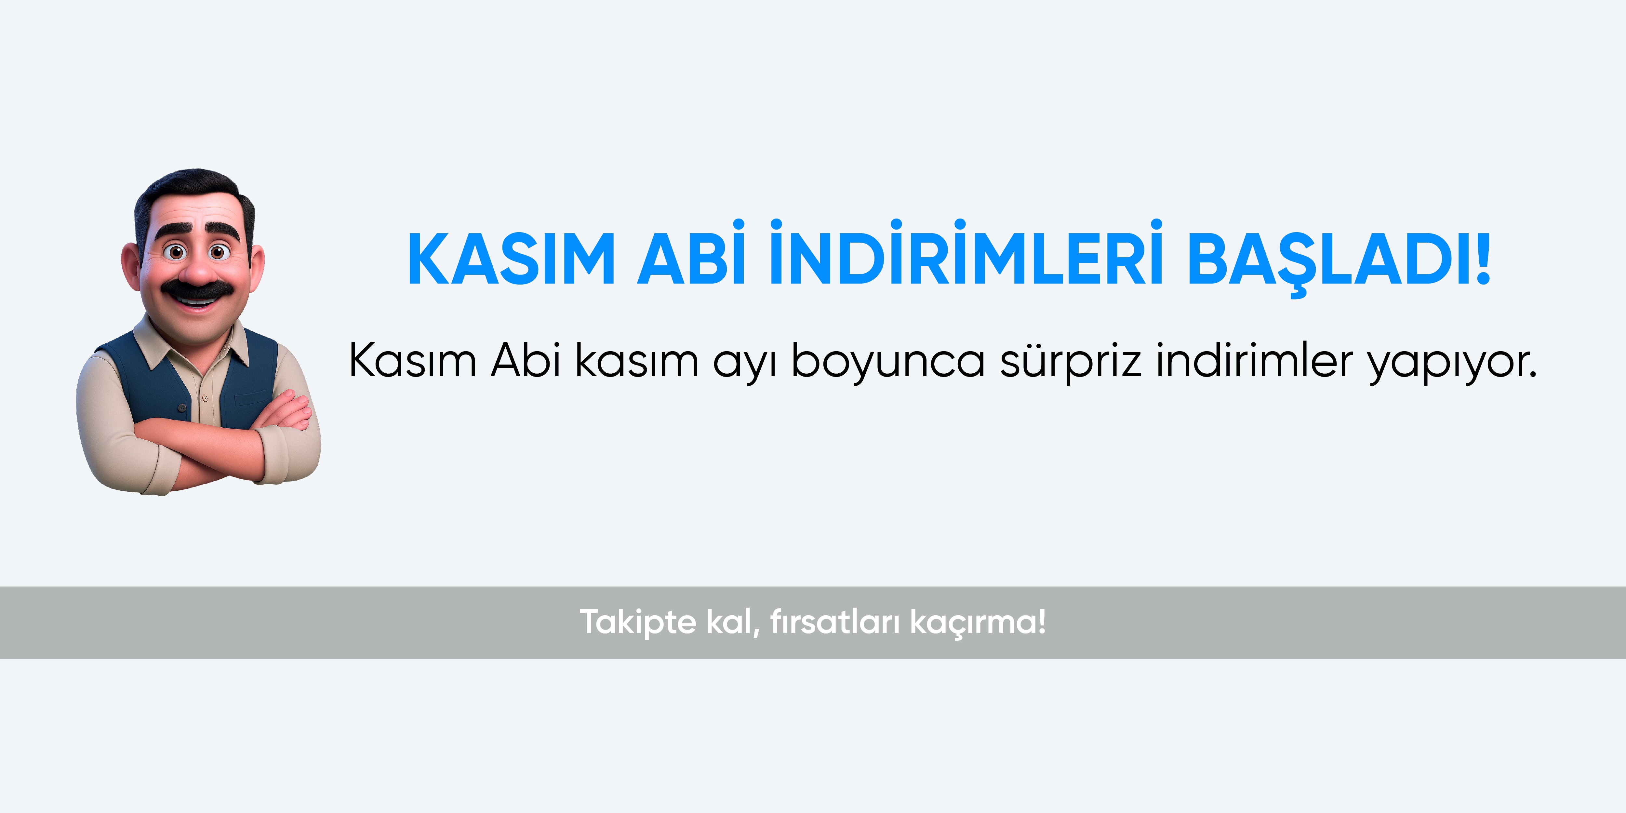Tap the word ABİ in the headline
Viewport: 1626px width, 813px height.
point(691,252)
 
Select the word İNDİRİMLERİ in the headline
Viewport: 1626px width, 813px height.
point(966,252)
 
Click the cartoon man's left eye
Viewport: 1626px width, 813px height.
point(176,252)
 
